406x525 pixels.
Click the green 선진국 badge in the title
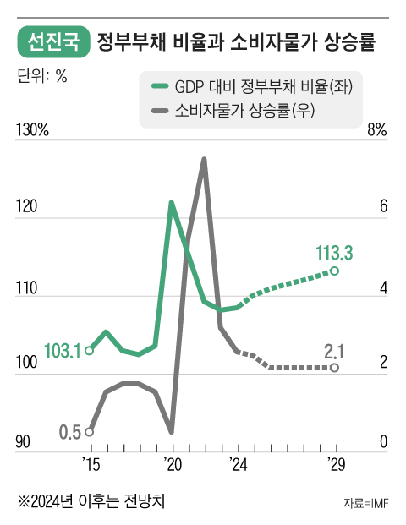[52, 41]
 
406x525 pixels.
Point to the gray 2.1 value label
[335, 350]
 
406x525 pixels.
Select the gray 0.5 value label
[70, 432]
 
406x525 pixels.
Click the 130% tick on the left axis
[33, 131]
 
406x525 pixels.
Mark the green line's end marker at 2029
[335, 271]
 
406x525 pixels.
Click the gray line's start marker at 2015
[90, 431]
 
